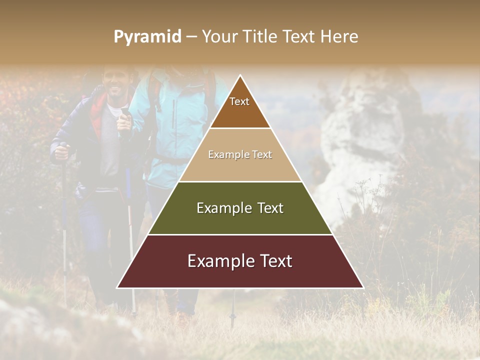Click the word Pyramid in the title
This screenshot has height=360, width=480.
(x=147, y=37)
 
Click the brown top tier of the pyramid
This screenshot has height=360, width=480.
(x=240, y=112)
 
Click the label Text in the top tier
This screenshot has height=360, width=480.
(x=239, y=102)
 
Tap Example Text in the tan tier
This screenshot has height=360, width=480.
(x=240, y=155)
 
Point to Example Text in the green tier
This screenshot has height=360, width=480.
(x=240, y=208)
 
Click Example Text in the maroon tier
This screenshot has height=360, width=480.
(x=240, y=261)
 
